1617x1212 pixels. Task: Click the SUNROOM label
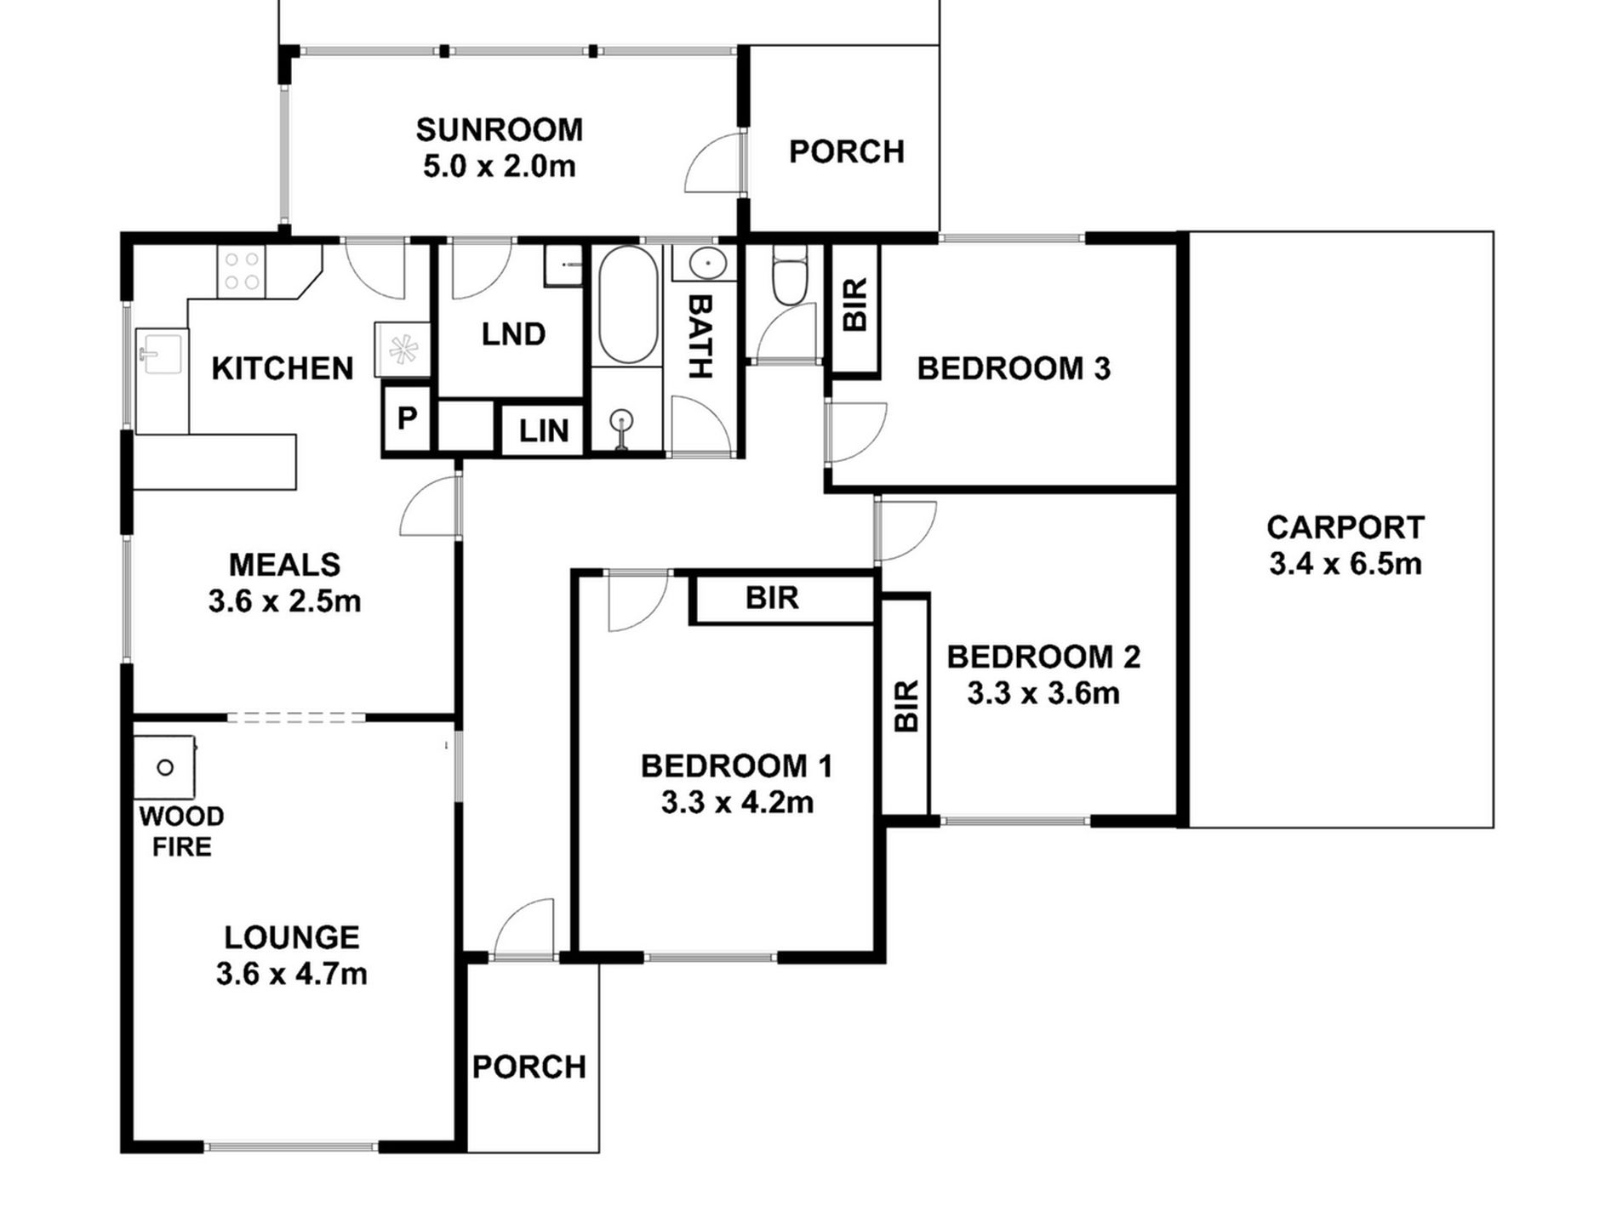[x=500, y=130]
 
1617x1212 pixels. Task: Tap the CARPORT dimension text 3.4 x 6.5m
[x=1346, y=564]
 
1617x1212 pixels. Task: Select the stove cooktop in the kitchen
[x=241, y=271]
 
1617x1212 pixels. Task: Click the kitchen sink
[x=162, y=353]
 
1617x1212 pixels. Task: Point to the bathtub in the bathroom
[x=628, y=305]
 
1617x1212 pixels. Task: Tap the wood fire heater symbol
[x=165, y=768]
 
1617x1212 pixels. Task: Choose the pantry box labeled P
[x=408, y=418]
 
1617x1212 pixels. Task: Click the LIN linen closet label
[x=544, y=431]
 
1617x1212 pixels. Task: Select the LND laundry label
[x=513, y=334]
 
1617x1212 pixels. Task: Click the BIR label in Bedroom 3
[x=854, y=304]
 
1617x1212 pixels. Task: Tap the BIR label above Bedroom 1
[x=772, y=598]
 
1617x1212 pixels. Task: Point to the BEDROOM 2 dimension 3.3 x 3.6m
[x=1043, y=693]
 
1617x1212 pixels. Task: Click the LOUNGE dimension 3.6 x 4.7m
[x=292, y=973]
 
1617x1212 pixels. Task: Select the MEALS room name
[x=284, y=565]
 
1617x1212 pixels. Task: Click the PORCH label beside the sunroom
[x=847, y=151]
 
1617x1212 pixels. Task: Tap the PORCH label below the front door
[x=529, y=1067]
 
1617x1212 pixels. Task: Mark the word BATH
[x=700, y=337]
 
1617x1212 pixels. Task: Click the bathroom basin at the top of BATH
[x=706, y=264]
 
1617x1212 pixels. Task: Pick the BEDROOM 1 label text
[x=737, y=766]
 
